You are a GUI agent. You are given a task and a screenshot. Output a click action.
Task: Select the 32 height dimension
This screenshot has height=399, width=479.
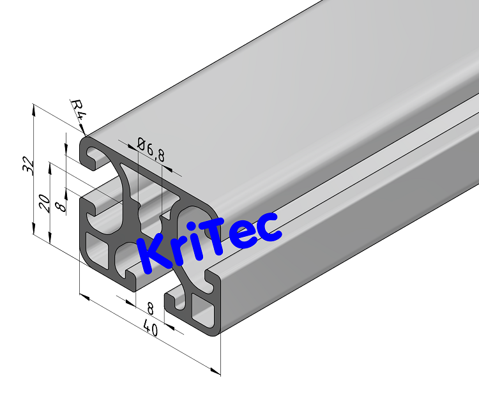27,165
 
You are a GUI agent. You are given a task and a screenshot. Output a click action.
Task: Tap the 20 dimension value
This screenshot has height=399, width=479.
44,203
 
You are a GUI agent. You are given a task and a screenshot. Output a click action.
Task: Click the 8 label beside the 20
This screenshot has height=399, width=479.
61,207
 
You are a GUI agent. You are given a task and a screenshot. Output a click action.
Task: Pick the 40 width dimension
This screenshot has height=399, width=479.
151,329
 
